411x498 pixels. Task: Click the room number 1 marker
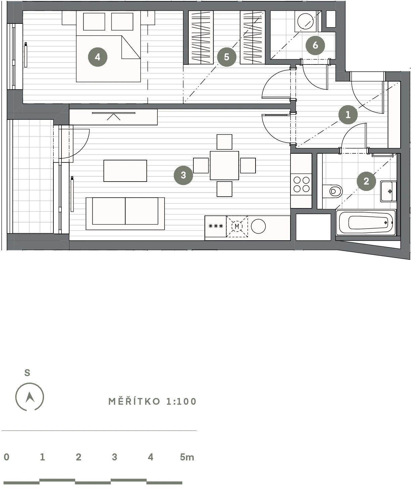click(x=348, y=115)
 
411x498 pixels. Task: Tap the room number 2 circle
click(x=366, y=181)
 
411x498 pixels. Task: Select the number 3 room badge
click(x=183, y=175)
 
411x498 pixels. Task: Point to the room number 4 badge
click(x=97, y=57)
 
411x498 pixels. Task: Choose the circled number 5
click(x=227, y=57)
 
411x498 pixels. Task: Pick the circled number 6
click(x=315, y=45)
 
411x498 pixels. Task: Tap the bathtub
click(x=366, y=222)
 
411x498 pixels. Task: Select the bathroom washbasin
click(x=388, y=191)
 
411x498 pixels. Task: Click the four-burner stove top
click(x=301, y=184)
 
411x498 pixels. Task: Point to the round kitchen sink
click(x=258, y=226)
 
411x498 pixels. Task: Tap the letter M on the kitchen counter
click(x=237, y=226)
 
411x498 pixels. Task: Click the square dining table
click(x=224, y=165)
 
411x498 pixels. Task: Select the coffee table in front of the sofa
click(x=125, y=171)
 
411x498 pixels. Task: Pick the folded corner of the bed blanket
click(x=131, y=47)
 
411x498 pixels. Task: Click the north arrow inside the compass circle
click(x=30, y=397)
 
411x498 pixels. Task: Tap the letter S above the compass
click(x=27, y=373)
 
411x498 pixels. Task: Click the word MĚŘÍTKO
click(x=134, y=401)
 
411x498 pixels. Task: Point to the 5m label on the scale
click(x=187, y=457)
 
